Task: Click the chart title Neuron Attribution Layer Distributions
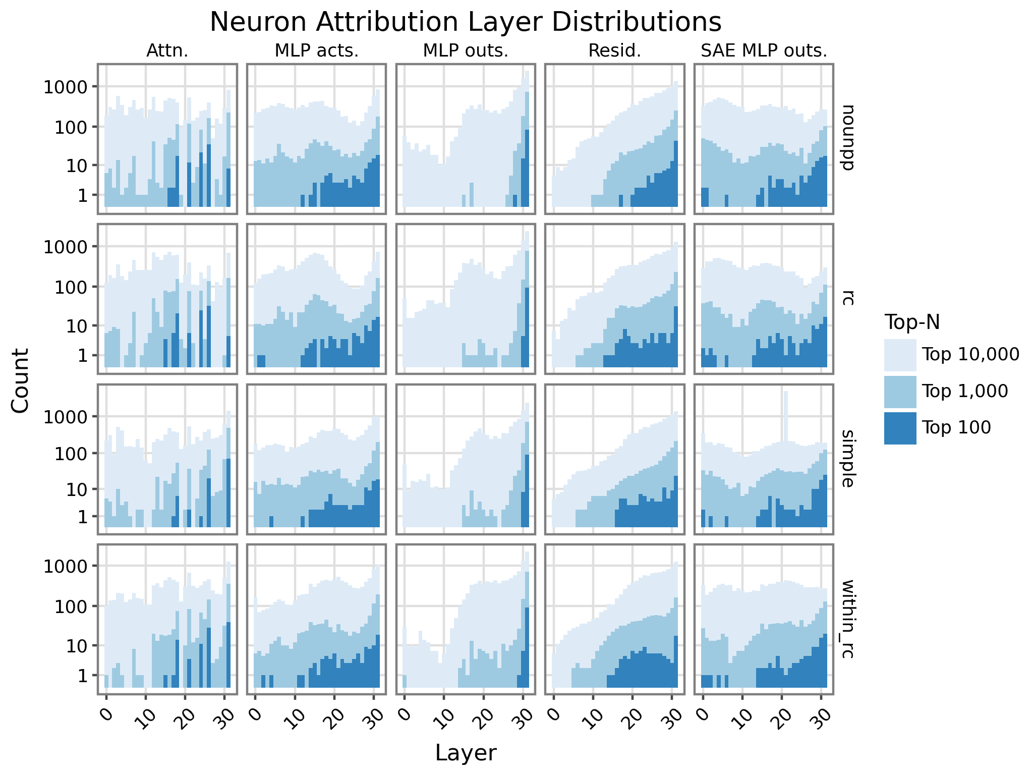(x=465, y=22)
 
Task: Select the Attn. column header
(x=167, y=51)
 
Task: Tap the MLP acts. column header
(x=316, y=51)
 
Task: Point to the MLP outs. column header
(x=465, y=51)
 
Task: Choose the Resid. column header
(x=614, y=51)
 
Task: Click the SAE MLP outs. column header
(x=764, y=51)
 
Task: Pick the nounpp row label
(x=847, y=138)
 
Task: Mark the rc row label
(x=847, y=298)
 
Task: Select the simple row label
(x=847, y=459)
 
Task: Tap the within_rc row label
(x=847, y=619)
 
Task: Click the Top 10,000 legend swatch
(x=900, y=355)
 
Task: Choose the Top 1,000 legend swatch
(x=900, y=391)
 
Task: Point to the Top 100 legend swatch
(x=900, y=428)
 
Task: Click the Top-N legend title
(x=912, y=322)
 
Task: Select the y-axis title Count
(x=20, y=380)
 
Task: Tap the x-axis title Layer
(x=465, y=753)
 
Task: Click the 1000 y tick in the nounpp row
(x=66, y=87)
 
